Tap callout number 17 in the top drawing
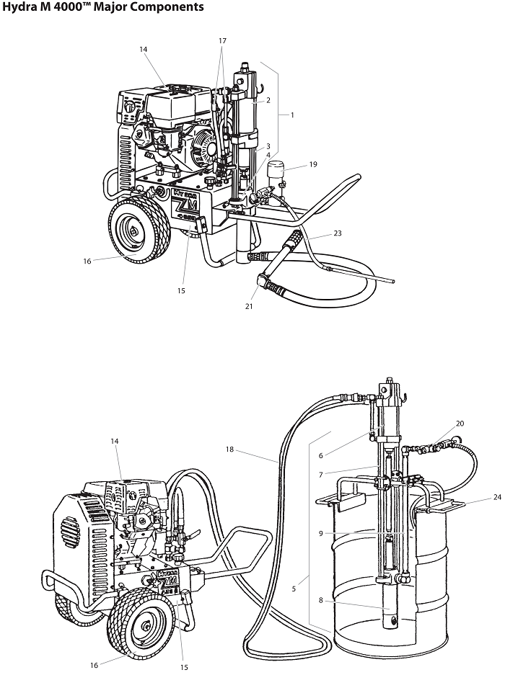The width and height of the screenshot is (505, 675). click(222, 41)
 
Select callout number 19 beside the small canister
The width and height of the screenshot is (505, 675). click(313, 164)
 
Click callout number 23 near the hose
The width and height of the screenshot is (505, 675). click(338, 233)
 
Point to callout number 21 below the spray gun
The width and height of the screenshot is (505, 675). click(249, 306)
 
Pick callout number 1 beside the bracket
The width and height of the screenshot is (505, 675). click(292, 115)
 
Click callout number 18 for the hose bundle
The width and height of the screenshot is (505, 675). click(229, 450)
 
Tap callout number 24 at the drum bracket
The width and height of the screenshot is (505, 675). click(497, 497)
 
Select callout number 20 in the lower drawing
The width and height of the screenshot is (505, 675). click(460, 424)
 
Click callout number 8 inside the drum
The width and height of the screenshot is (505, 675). click(321, 601)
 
